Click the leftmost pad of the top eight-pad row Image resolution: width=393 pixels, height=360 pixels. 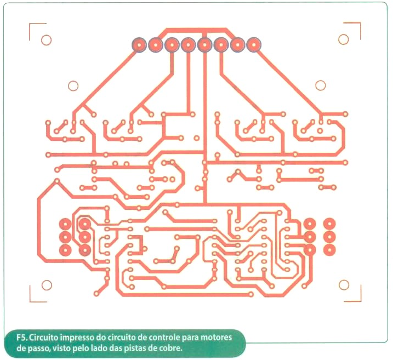coord(139,45)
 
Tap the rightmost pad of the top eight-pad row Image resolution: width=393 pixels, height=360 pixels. coord(254,45)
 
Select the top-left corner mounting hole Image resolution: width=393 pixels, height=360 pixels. coord(47,40)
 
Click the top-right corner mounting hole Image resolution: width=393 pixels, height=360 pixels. coord(343,39)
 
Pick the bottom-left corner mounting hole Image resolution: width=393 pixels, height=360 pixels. coord(47,285)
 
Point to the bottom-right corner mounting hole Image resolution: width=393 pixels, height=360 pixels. coord(344,285)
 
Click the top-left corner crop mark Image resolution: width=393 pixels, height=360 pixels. coord(30,24)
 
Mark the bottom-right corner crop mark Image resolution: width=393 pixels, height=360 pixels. coord(361,301)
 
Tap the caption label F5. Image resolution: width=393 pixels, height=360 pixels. coord(22,338)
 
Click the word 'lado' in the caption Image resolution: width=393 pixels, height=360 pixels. coord(99,348)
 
